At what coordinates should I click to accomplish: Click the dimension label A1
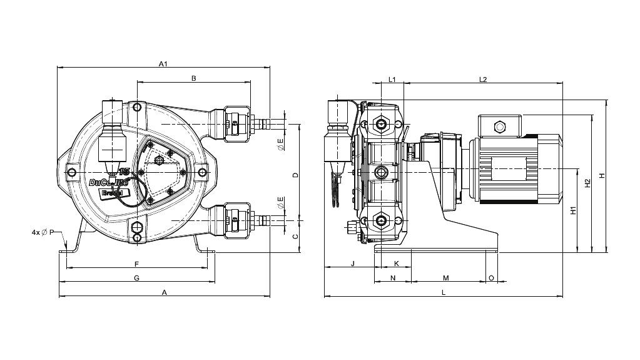(x=163, y=64)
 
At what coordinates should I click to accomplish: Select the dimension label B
(x=194, y=78)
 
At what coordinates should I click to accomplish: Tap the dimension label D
(x=295, y=175)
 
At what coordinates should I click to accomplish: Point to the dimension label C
(x=295, y=235)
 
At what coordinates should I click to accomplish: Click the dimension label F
(x=136, y=264)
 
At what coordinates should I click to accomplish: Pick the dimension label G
(x=136, y=277)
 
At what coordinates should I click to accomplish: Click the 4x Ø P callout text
(x=43, y=232)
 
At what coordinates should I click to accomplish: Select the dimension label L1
(x=392, y=80)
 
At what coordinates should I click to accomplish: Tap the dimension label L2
(x=483, y=80)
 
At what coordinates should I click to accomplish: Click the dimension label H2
(x=587, y=183)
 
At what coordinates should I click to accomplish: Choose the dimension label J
(x=352, y=264)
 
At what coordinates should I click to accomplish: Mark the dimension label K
(x=395, y=264)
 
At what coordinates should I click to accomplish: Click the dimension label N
(x=393, y=277)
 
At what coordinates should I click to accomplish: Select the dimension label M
(x=446, y=277)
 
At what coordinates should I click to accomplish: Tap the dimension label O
(x=491, y=277)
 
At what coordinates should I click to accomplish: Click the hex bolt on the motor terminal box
(x=499, y=126)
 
